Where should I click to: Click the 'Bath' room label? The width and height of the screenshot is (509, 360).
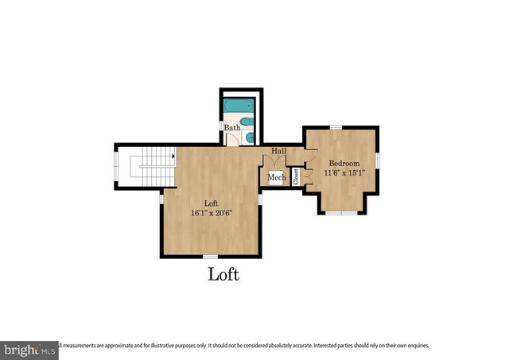coord(231,128)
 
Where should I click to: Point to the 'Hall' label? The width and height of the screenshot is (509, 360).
coord(278,151)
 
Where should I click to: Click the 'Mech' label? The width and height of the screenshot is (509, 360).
coord(276,178)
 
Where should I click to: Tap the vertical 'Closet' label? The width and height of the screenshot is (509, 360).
coord(296,176)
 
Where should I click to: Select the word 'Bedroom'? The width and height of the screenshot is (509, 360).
coord(344,164)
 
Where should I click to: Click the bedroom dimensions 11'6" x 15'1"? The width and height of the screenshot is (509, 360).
coord(344,173)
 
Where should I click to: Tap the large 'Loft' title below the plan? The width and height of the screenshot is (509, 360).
coord(223,275)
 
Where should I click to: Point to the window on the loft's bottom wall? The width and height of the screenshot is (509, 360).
coord(210,256)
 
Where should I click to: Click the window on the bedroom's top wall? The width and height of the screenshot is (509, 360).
coord(336,127)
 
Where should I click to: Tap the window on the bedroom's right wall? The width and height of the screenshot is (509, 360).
coord(378,160)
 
